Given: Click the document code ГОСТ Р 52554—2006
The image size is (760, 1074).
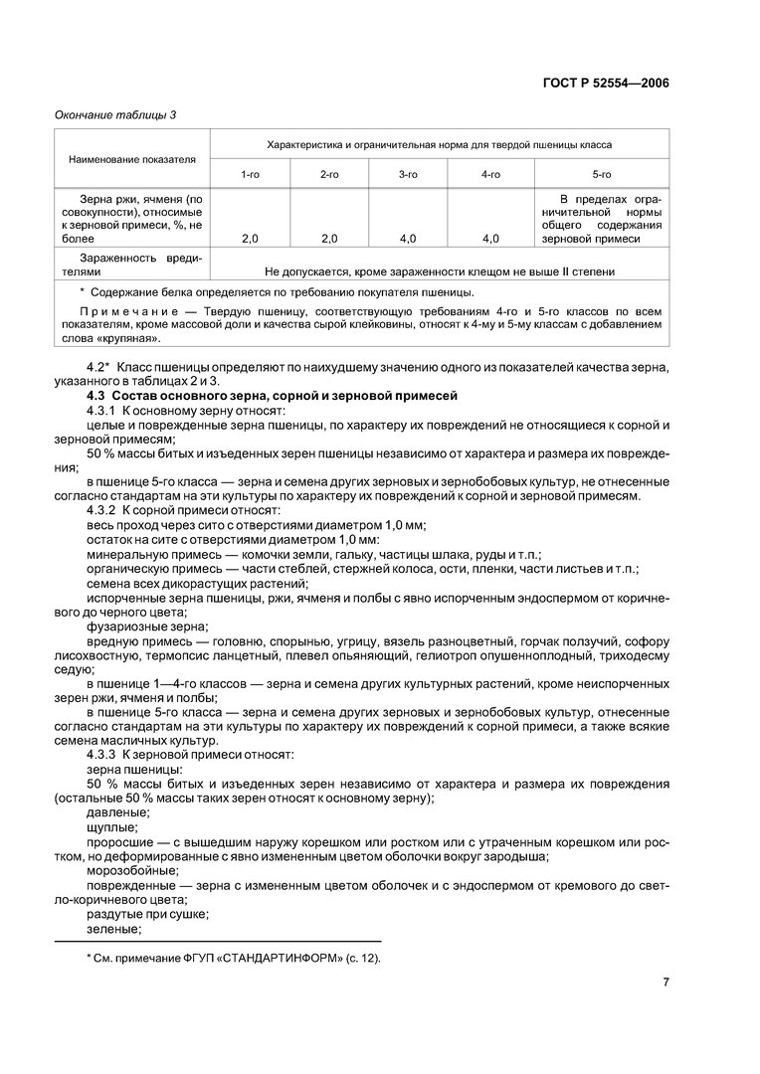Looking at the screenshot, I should tap(606, 83).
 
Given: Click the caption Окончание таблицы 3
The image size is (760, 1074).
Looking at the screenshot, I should tap(113, 115).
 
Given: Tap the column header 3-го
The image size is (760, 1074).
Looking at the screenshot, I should tap(408, 174).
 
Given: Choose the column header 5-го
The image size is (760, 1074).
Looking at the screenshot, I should tap(602, 174).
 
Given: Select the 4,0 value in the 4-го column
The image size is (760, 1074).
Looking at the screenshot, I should tap(489, 239).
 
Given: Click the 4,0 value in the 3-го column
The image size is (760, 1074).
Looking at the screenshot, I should tap(408, 239).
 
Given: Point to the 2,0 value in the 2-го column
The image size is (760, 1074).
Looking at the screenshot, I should tap(329, 239).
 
